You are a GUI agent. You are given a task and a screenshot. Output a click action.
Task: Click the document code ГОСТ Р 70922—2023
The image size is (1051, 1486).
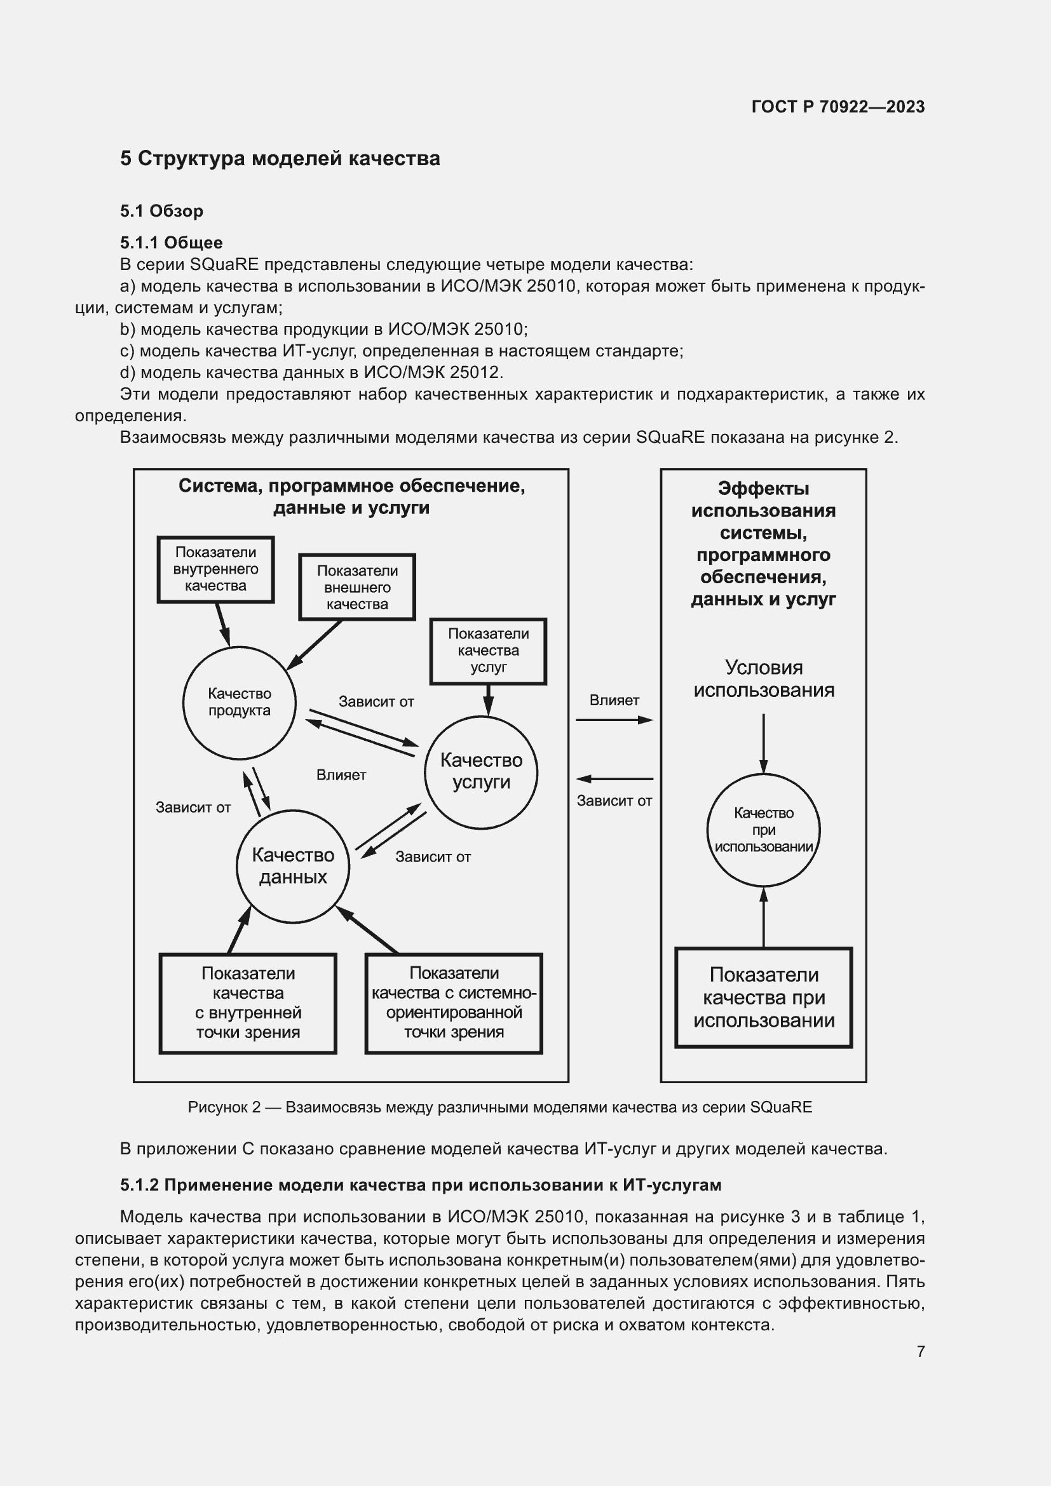point(837,107)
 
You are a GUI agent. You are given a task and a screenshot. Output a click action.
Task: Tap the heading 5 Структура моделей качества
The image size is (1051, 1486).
point(280,159)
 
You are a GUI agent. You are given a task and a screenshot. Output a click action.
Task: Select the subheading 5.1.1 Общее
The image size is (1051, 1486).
point(171,243)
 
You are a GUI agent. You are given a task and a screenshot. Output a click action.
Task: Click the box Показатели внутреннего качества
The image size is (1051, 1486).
point(215,569)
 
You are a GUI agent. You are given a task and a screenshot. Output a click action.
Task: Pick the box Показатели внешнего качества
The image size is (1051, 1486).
point(356,587)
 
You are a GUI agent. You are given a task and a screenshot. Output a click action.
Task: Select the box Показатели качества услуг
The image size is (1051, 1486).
point(488,651)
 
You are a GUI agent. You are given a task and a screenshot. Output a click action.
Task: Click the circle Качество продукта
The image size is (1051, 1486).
point(240,702)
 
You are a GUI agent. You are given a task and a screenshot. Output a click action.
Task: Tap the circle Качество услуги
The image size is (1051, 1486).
point(481,771)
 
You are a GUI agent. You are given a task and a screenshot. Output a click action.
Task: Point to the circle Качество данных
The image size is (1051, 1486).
point(292,866)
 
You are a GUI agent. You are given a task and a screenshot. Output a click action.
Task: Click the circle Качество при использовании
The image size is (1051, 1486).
point(763,830)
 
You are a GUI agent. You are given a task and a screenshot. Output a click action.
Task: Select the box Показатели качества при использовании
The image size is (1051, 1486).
point(764,997)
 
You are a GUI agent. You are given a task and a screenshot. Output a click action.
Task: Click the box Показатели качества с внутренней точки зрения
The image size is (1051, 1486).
point(248,1003)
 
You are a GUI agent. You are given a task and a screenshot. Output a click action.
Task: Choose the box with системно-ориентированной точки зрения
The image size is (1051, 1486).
point(454,1003)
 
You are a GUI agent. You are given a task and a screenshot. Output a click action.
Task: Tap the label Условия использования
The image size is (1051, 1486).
point(764,679)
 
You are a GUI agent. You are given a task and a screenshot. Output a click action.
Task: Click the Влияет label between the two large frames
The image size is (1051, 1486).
point(614,700)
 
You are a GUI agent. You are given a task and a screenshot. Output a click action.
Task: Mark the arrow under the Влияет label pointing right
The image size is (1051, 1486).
point(614,720)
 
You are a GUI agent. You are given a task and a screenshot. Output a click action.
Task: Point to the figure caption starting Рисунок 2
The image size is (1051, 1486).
point(499,1107)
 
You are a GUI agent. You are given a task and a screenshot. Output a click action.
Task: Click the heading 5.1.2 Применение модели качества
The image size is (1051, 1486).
point(421,1185)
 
